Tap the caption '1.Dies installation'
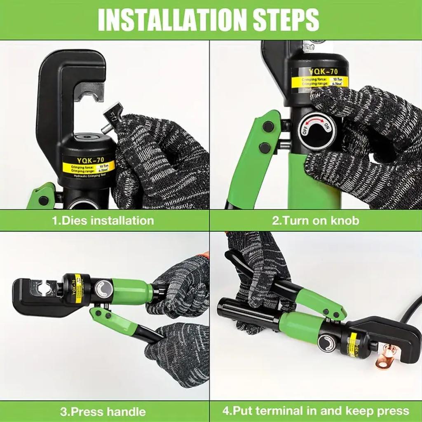(103, 220)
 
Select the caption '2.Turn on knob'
(315, 220)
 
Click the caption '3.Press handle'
(103, 411)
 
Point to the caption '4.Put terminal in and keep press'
(316, 411)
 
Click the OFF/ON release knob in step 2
(317, 131)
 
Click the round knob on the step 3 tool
(103, 289)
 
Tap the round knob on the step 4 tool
(326, 343)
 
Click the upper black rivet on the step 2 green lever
(268, 127)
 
